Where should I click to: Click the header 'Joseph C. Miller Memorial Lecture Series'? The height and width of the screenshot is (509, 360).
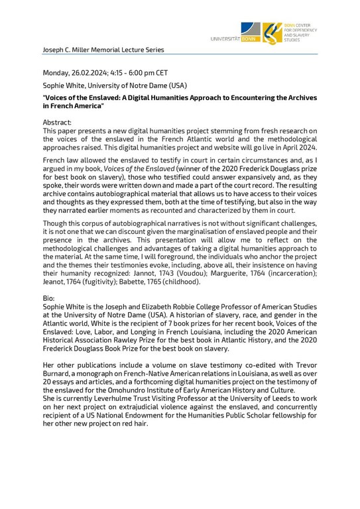(103, 49)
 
